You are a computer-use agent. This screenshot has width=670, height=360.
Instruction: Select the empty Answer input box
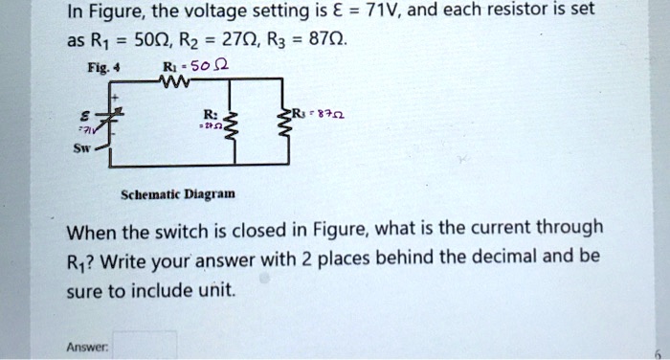click(x=145, y=344)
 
